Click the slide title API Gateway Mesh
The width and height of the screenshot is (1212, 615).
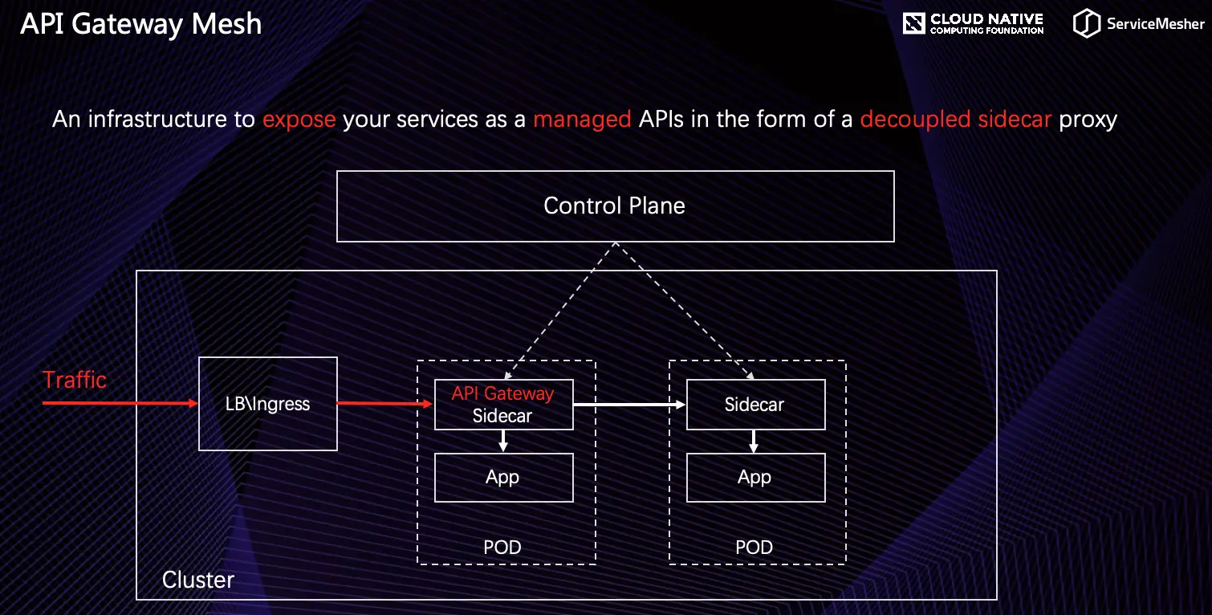click(x=141, y=24)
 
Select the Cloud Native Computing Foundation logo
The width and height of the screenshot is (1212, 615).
click(x=973, y=24)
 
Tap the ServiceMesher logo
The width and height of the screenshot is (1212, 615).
click(x=1139, y=24)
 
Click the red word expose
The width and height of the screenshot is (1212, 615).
click(x=299, y=120)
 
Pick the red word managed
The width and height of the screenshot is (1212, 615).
click(x=582, y=120)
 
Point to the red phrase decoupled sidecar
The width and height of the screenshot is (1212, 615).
click(x=955, y=120)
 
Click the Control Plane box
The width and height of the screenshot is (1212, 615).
click(x=615, y=206)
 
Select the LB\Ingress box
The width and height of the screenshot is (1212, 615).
click(x=267, y=404)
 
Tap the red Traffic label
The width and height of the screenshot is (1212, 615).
click(x=75, y=380)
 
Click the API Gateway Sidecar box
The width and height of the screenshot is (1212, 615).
click(x=503, y=405)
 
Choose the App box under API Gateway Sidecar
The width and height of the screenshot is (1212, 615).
click(x=503, y=478)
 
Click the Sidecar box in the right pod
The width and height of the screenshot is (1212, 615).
click(x=755, y=405)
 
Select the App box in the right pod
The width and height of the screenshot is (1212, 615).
click(x=755, y=478)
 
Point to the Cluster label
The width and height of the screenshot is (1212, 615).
click(x=198, y=580)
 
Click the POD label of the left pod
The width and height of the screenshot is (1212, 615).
click(x=502, y=548)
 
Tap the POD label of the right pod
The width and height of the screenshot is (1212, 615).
click(x=754, y=548)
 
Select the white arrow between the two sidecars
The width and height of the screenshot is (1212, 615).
click(x=629, y=405)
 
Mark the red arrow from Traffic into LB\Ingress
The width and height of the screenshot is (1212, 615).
click(x=120, y=403)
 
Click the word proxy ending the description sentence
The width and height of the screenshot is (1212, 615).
click(x=1088, y=120)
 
